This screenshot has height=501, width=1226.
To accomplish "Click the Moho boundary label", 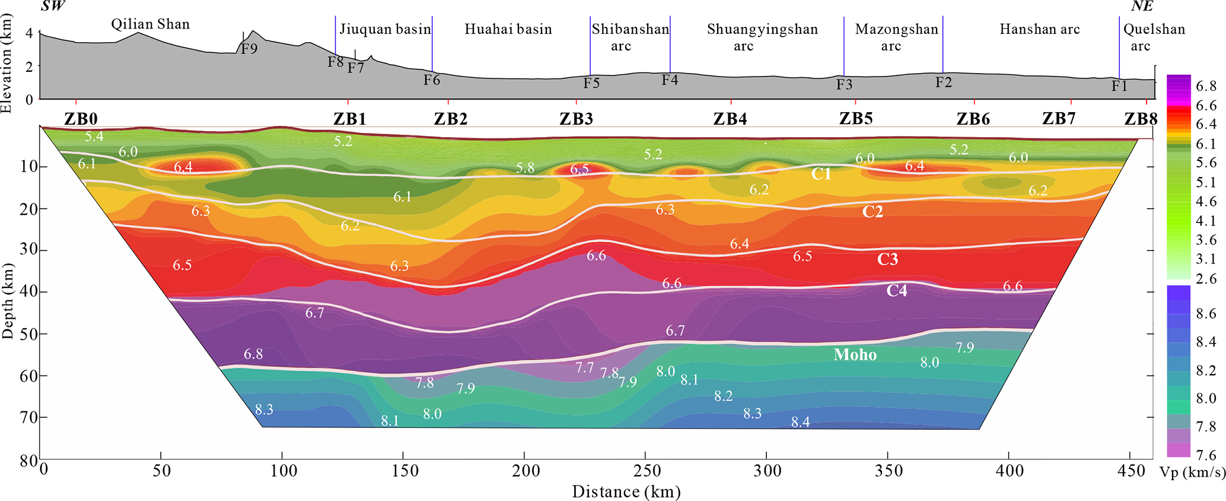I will pyautogui.click(x=855, y=354).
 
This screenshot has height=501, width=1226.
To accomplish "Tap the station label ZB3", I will pyautogui.click(x=576, y=119).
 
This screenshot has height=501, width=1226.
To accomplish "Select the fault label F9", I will pyautogui.click(x=249, y=49).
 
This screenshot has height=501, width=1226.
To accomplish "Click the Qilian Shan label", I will pyautogui.click(x=151, y=24).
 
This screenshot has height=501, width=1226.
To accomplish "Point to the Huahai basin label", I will pyautogui.click(x=508, y=29).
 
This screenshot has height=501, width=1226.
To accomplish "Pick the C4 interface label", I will pyautogui.click(x=896, y=290).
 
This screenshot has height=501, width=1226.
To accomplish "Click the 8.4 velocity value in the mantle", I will pyautogui.click(x=800, y=422).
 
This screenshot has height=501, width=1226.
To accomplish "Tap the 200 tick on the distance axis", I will pyautogui.click(x=526, y=471).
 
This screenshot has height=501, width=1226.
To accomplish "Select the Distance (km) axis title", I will pyautogui.click(x=626, y=492).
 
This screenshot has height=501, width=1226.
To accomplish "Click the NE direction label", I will pyautogui.click(x=1142, y=7).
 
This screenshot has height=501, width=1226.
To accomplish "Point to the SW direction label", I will pyautogui.click(x=53, y=7).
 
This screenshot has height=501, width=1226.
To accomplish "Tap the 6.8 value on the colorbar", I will pyautogui.click(x=1206, y=87).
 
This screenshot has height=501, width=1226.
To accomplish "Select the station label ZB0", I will pyautogui.click(x=81, y=119).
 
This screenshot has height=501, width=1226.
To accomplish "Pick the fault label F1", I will pyautogui.click(x=1119, y=86).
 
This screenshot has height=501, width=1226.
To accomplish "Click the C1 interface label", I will pyautogui.click(x=821, y=174).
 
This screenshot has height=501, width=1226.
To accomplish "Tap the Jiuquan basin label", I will pyautogui.click(x=385, y=29).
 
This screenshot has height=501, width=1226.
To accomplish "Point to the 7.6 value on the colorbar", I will pyautogui.click(x=1206, y=455).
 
